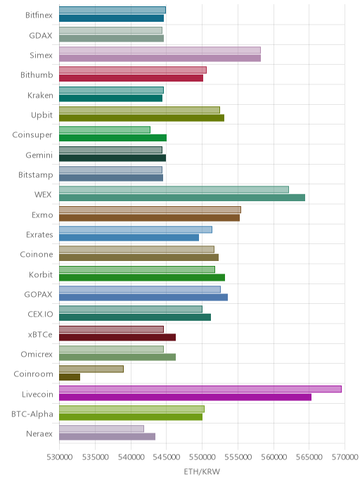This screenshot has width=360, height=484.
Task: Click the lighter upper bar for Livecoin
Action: tap(200, 389)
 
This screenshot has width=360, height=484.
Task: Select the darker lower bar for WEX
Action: tap(182, 198)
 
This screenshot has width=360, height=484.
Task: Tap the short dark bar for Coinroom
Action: tap(70, 377)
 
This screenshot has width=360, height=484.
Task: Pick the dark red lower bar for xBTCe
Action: tap(117, 337)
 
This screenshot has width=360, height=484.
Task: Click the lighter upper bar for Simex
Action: tap(160, 50)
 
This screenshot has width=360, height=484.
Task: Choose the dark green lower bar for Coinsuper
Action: tap(113, 138)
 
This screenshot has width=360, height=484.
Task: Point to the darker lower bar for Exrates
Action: tap(129, 238)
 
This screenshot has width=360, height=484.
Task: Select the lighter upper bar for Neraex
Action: tap(101, 428)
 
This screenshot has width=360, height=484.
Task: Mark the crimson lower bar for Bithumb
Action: tap(131, 78)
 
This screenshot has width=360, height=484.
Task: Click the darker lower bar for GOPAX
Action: tap(143, 298)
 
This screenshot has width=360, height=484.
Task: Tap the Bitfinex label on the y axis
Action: tap(39, 15)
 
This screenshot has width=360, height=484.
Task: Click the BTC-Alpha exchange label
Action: tap(32, 414)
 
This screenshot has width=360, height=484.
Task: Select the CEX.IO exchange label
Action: tap(40, 314)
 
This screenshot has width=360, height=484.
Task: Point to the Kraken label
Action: tap(40, 96)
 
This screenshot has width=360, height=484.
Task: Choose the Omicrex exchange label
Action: tap(37, 354)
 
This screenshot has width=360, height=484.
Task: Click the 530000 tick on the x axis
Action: tap(60, 457)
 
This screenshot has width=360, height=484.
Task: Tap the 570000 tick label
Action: tap(345, 457)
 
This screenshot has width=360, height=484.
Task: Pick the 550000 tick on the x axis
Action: tap(202, 457)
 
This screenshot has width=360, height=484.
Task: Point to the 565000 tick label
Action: tap(309, 457)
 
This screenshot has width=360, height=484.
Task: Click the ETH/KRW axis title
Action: tap(202, 471)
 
